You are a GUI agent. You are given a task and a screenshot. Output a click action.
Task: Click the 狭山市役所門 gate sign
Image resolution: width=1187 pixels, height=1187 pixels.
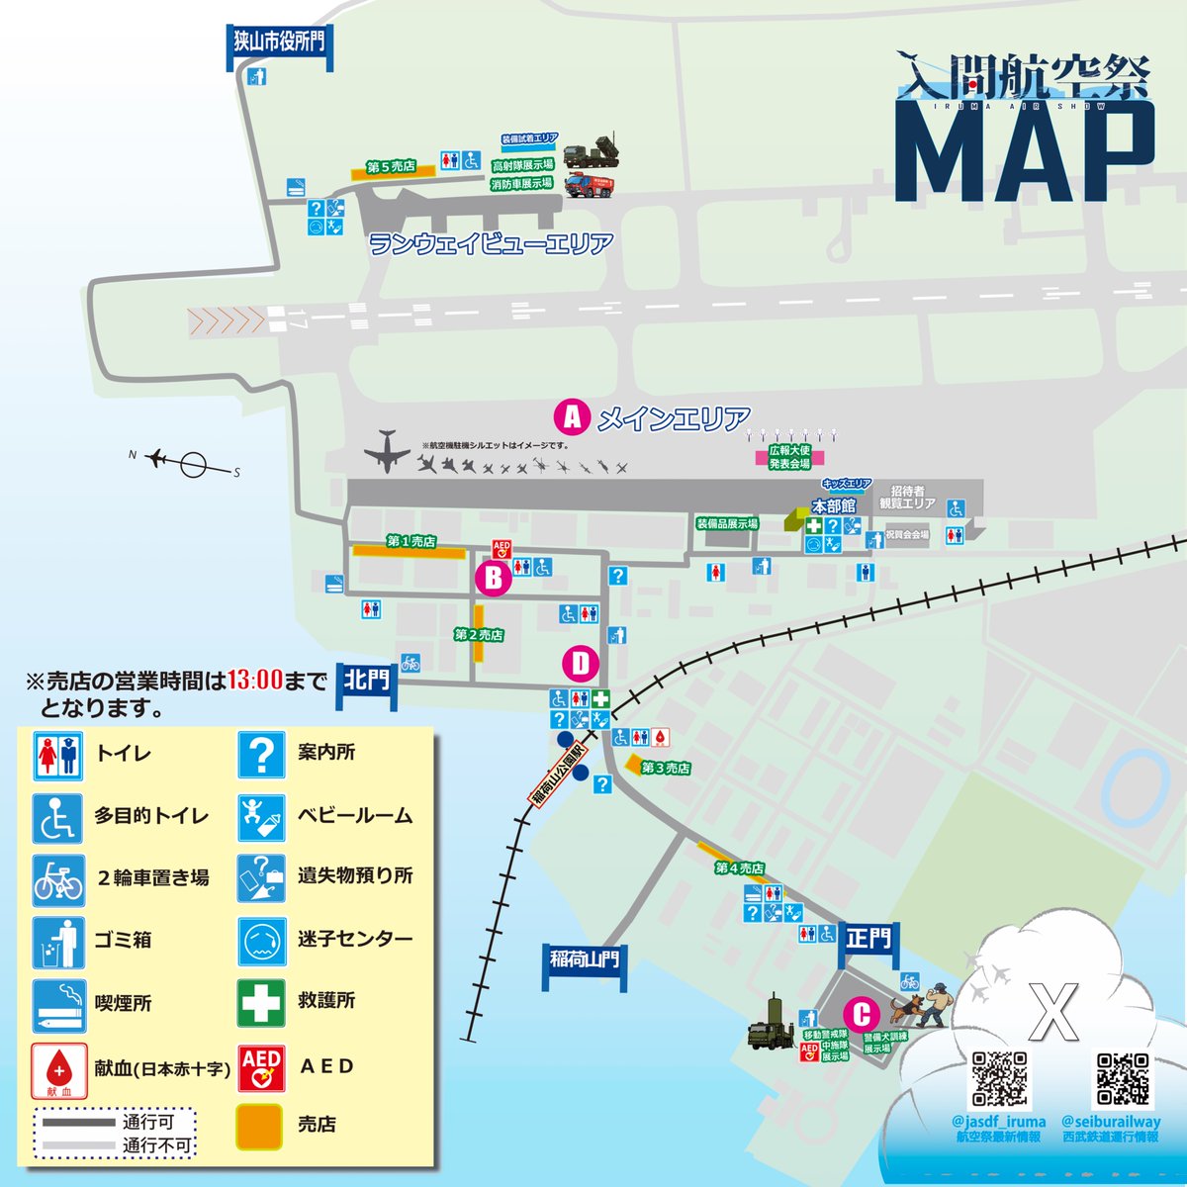click(x=279, y=42)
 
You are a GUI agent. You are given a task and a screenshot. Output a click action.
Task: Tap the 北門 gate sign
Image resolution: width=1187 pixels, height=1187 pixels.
click(x=367, y=680)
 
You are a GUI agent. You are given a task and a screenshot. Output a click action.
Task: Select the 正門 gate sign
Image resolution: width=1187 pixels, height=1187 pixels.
click(x=868, y=938)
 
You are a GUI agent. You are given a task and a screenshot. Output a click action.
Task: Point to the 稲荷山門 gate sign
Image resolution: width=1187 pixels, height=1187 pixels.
click(x=585, y=959)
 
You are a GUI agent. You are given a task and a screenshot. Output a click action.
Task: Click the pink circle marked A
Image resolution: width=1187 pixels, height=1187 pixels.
click(x=572, y=417)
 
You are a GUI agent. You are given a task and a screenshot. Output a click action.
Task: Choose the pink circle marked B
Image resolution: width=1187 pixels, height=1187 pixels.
click(x=493, y=578)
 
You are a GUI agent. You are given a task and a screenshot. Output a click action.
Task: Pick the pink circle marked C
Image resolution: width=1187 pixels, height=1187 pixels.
click(x=862, y=1015)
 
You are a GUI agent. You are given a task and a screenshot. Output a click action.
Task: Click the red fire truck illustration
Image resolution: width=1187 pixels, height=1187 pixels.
click(x=589, y=184)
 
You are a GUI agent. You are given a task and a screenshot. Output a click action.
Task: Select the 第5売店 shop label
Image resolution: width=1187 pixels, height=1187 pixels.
click(x=392, y=168)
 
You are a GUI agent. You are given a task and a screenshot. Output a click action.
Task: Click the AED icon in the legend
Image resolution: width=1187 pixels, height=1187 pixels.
click(x=261, y=1066)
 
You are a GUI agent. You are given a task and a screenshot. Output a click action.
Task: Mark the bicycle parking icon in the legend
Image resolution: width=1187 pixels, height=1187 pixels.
click(x=58, y=877)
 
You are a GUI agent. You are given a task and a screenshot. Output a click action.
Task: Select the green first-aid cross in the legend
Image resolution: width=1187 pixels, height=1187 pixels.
click(x=261, y=1002)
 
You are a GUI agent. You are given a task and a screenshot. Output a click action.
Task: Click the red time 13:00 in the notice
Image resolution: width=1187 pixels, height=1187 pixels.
click(x=255, y=681)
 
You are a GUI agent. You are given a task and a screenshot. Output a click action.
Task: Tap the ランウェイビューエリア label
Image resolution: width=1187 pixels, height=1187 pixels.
click(x=491, y=243)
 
